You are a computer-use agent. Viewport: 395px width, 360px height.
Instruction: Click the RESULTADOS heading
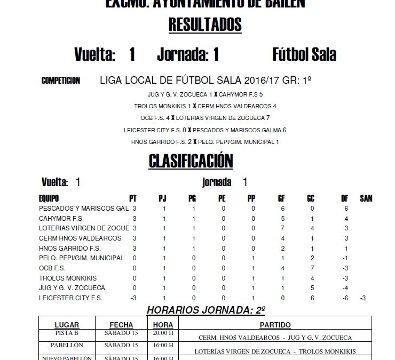[205, 25]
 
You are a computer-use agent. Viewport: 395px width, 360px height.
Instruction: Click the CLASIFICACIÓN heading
[191, 161]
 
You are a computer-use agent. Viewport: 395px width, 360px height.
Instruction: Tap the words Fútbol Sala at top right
[304, 55]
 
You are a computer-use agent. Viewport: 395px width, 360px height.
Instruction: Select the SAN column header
[366, 198]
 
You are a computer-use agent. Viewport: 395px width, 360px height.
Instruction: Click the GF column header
[281, 198]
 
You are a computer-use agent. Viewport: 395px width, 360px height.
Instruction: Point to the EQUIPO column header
[49, 198]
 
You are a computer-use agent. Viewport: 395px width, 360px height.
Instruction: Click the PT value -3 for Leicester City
[135, 298]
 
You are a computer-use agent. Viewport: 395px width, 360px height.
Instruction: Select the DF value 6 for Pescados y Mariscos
[346, 209]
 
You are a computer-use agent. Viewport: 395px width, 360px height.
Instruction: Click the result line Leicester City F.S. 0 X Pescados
[205, 130]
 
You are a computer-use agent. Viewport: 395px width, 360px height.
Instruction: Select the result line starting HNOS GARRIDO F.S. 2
[205, 142]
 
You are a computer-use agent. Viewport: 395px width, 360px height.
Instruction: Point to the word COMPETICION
[60, 81]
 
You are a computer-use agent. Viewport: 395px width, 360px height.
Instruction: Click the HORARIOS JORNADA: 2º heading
[206, 310]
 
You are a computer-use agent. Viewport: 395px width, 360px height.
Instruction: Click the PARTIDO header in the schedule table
[275, 324]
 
